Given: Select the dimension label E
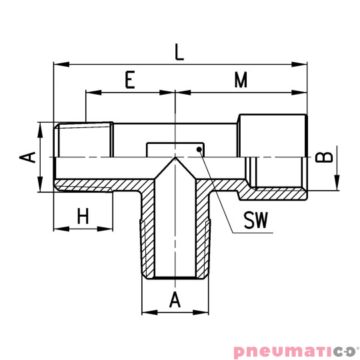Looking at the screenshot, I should click(131, 81).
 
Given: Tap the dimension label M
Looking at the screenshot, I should click(241, 81).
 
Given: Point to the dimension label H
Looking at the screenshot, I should click(83, 216).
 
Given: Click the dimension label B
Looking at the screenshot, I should click(323, 157).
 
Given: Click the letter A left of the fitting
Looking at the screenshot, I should click(27, 157).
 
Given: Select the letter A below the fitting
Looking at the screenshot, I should click(175, 299).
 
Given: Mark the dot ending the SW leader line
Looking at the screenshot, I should click(199, 150).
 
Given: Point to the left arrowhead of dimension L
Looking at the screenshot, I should click(58, 65).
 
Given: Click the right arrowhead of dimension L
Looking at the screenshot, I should click(302, 65).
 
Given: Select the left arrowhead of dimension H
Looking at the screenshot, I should click(58, 229).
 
